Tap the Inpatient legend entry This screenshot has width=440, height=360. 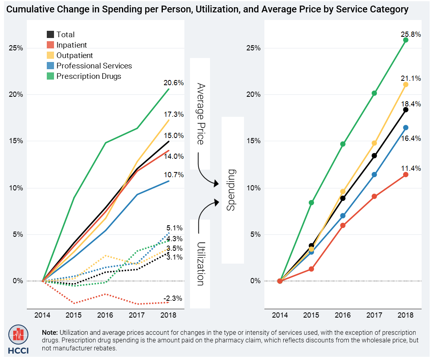pyautogui.click(x=71, y=45)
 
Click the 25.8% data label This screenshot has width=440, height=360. pyautogui.click(x=410, y=34)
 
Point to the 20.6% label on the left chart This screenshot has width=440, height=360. pyautogui.click(x=173, y=83)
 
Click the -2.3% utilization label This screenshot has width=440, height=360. pyautogui.click(x=173, y=298)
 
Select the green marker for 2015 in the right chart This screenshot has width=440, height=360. pyautogui.click(x=311, y=202)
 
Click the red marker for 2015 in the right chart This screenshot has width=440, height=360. pyautogui.click(x=311, y=269)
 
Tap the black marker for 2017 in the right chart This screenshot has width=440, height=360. pyautogui.click(x=374, y=156)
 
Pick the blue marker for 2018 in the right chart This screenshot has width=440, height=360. pyautogui.click(x=406, y=128)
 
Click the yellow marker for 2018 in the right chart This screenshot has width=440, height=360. pyautogui.click(x=406, y=84)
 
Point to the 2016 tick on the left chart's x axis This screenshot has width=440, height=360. pyautogui.click(x=105, y=316)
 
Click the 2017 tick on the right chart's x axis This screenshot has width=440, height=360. pyautogui.click(x=374, y=316)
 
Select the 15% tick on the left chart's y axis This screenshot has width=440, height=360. pyautogui.click(x=16, y=141)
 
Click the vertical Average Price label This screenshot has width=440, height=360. pyautogui.click(x=200, y=114)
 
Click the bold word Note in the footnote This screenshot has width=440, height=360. pyautogui.click(x=50, y=333)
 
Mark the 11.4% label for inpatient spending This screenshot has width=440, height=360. pyautogui.click(x=410, y=168)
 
